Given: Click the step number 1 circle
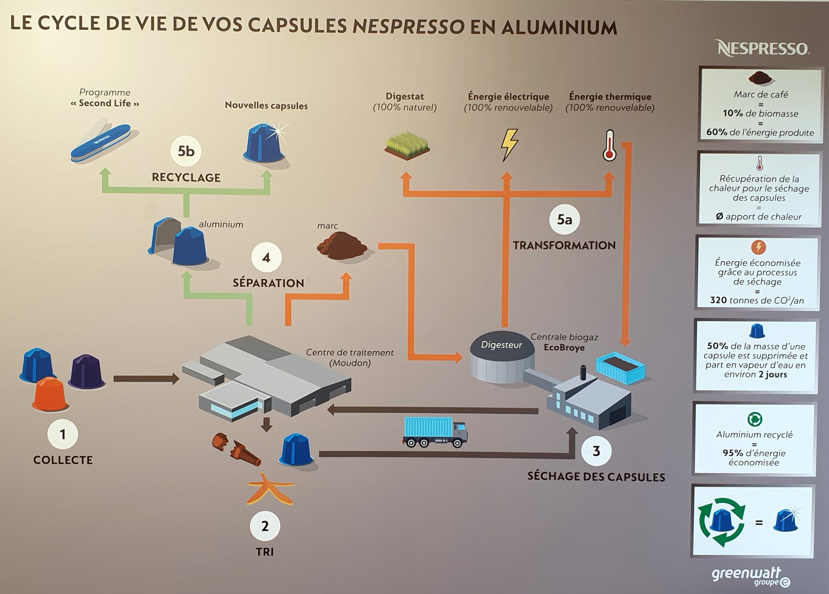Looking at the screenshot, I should point(62,434).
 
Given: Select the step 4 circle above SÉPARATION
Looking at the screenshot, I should point(267,258).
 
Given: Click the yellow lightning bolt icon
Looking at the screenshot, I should point(508,144).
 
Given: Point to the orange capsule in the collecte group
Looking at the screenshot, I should point(50,394).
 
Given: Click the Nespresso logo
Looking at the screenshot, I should point(763,49).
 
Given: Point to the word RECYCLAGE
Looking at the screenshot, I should point(186,178).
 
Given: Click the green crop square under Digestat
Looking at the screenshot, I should point(407,145).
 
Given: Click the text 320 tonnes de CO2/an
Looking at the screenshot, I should point(757,300).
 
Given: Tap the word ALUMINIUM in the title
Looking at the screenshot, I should point(559,27).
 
